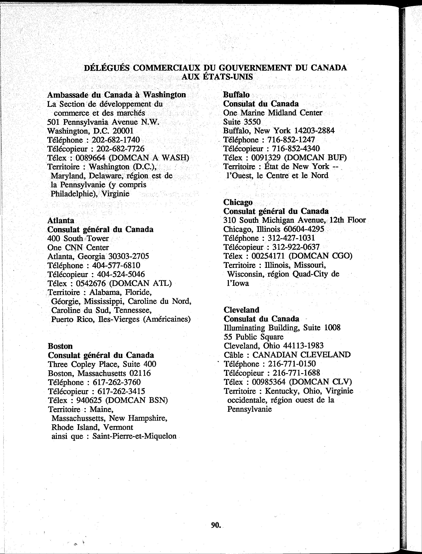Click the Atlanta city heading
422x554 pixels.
pos(61,220)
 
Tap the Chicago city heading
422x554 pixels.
pos(238,202)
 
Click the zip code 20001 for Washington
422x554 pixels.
pos(123,131)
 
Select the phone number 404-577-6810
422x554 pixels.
pos(116,265)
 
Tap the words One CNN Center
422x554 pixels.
pos(78,247)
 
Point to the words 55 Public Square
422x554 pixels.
pos(253,337)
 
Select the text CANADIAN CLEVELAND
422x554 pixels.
pos(301,355)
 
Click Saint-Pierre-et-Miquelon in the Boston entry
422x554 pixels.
pos(134,436)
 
